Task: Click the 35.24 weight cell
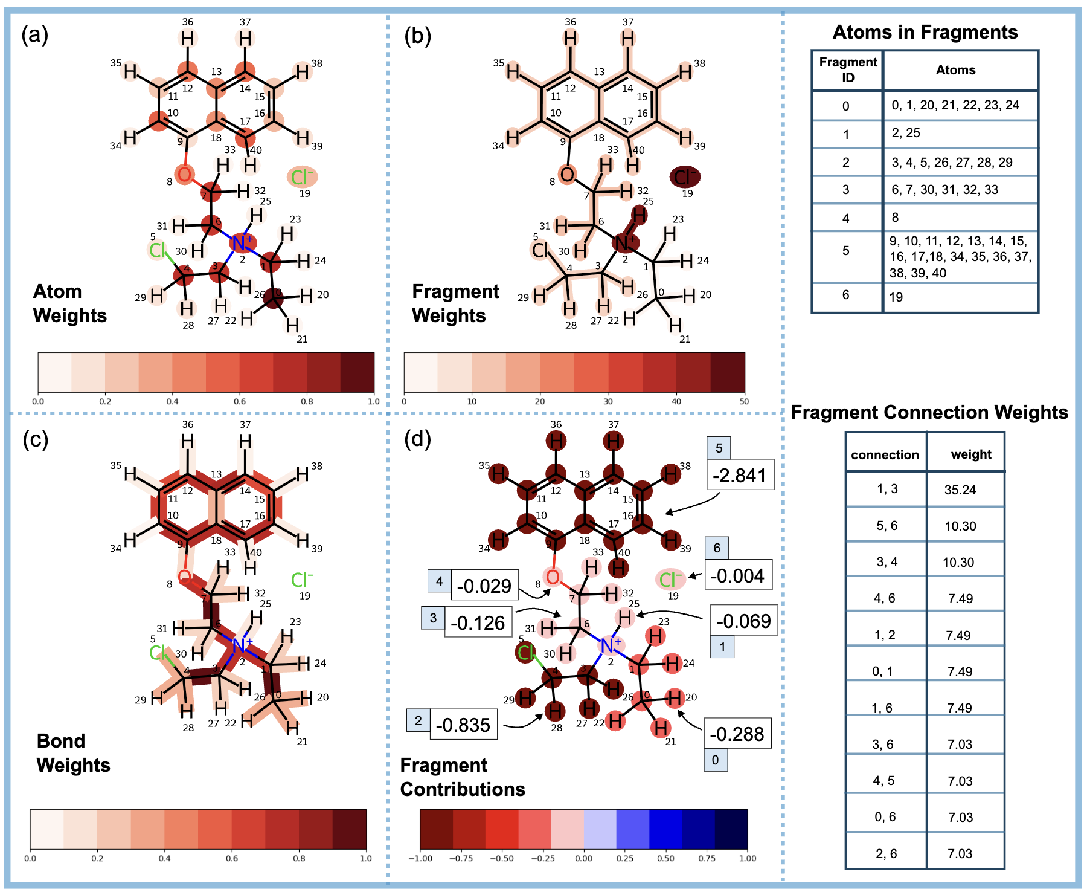pyautogui.click(x=960, y=490)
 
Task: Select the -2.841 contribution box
pyautogui.click(x=740, y=475)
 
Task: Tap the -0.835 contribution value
pyautogui.click(x=463, y=725)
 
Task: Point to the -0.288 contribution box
pyautogui.click(x=737, y=734)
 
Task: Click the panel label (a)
pyautogui.click(x=35, y=35)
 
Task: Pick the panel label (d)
pyautogui.click(x=417, y=439)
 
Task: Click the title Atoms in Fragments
pyautogui.click(x=925, y=32)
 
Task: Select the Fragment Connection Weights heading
pyautogui.click(x=929, y=412)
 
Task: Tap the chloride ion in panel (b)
pyautogui.click(x=685, y=177)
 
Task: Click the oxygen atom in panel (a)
pyautogui.click(x=184, y=174)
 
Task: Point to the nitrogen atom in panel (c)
pyautogui.click(x=239, y=646)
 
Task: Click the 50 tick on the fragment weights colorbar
pyautogui.click(x=744, y=401)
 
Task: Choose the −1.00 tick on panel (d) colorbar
pyautogui.click(x=420, y=858)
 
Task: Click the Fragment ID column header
pyautogui.click(x=848, y=70)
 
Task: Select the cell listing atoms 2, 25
pyautogui.click(x=906, y=133)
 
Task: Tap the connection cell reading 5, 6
pyautogui.click(x=887, y=526)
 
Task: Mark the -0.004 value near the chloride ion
pyautogui.click(x=737, y=575)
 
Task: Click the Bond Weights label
pyautogui.click(x=73, y=753)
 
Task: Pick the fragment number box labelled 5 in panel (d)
pyautogui.click(x=719, y=448)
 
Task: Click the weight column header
pyautogui.click(x=970, y=454)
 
